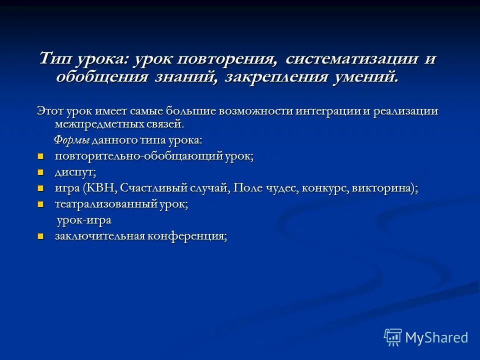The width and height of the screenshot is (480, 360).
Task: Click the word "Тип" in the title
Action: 56,59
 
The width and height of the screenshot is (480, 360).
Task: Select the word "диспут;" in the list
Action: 75,172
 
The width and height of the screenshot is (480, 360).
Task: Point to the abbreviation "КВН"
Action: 102,188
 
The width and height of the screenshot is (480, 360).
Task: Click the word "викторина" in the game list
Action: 381,188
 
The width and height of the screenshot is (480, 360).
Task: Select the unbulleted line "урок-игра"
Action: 83,220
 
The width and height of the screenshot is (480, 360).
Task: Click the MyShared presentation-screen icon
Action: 393,337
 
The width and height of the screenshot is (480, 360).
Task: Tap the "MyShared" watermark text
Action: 436,337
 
